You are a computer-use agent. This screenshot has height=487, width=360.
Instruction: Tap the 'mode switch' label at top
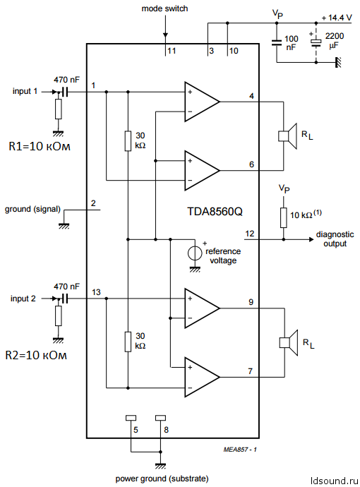[x=164, y=8]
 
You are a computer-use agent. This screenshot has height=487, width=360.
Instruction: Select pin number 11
[x=170, y=51]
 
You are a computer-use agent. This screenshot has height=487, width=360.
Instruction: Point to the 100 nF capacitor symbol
[x=277, y=42]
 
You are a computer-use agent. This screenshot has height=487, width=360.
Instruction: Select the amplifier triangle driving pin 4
[x=199, y=101]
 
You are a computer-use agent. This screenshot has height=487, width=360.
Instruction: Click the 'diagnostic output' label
[x=335, y=239]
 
